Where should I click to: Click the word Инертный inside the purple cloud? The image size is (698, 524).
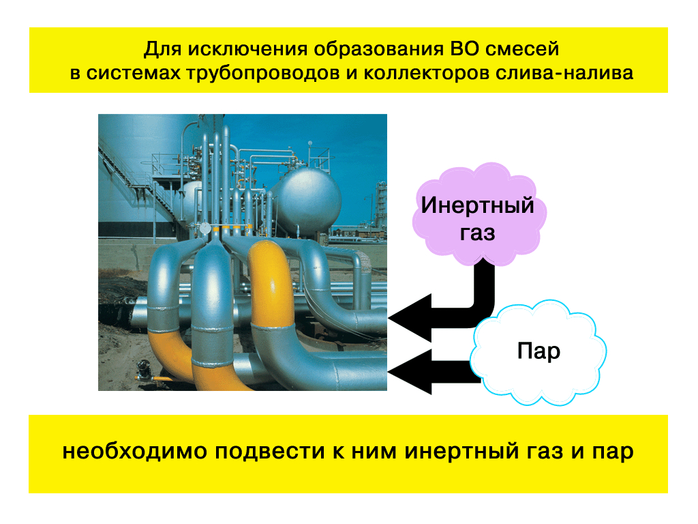point(477,205)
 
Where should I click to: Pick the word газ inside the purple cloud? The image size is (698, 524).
point(477,233)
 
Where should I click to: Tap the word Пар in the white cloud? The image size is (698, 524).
point(538,351)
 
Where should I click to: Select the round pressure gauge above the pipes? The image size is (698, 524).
point(204,229)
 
